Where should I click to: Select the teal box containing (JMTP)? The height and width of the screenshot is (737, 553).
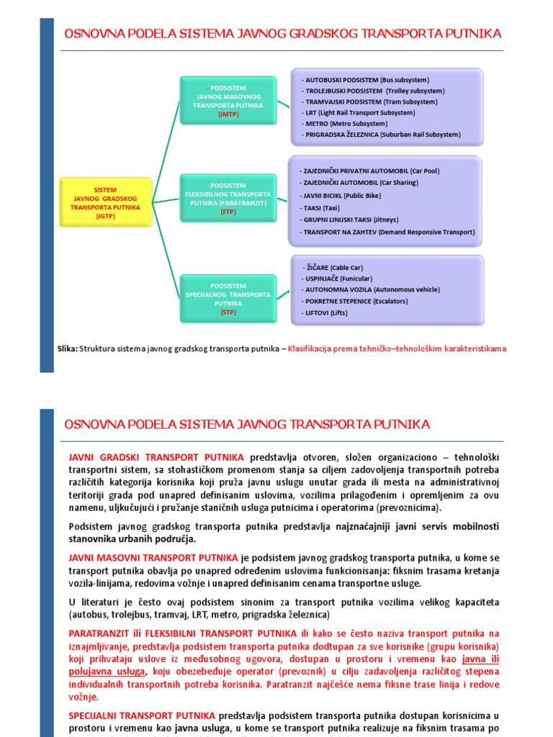228,101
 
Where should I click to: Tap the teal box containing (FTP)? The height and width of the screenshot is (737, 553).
228,199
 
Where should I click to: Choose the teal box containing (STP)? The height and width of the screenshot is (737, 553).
228,299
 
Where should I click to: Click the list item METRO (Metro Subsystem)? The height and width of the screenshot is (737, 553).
346,124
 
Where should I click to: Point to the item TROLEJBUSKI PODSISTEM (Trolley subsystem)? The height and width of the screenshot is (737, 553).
374,91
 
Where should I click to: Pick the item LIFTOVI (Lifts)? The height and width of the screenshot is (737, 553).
330,314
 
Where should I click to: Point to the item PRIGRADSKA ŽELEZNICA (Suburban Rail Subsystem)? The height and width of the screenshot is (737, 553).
382,135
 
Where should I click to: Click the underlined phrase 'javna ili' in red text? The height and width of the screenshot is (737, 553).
480,659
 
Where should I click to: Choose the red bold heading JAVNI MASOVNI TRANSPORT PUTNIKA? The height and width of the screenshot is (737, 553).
153,558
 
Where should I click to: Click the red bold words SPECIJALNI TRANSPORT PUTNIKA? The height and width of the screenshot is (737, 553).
142,716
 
